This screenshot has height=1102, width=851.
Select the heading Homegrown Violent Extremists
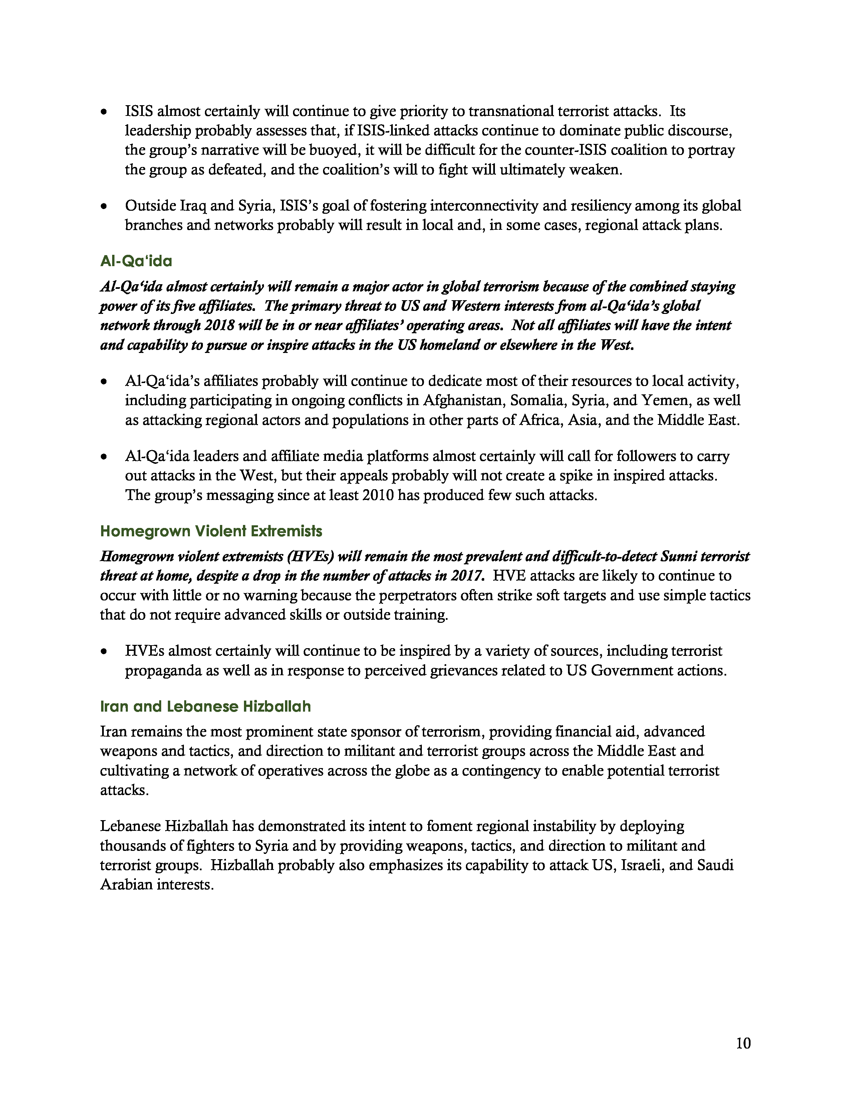211,531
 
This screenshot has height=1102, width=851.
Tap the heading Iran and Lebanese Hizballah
205,706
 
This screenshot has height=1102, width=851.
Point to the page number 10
743,1043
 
